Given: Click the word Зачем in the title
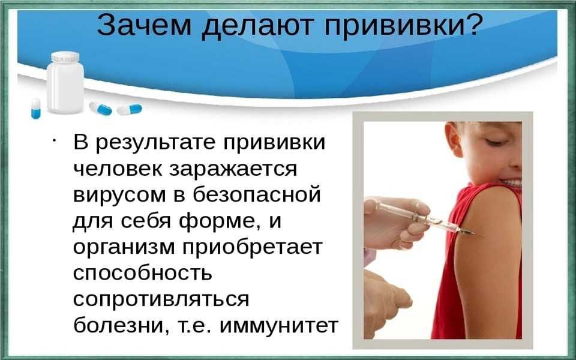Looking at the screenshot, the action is (144, 25).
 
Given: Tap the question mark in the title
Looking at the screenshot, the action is (469, 25).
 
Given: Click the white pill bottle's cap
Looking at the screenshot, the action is (65, 57).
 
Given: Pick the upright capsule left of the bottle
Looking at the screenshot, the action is (35, 109).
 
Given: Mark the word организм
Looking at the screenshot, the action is (124, 248).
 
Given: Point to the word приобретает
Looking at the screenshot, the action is (253, 247).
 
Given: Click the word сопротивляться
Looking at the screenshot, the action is (161, 299).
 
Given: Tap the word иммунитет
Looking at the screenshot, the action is (278, 326).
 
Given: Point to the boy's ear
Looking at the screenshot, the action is (454, 139).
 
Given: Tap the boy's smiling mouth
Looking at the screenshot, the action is (511, 182).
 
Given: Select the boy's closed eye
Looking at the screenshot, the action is (494, 142).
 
